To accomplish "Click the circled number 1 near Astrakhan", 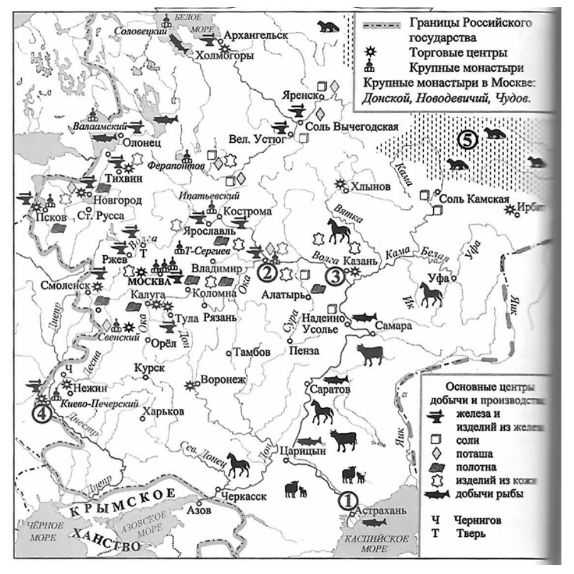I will click(x=346, y=500).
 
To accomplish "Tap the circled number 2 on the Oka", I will click(x=267, y=273).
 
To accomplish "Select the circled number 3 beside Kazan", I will click(x=335, y=274).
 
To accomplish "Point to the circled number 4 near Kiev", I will click(x=41, y=414).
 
